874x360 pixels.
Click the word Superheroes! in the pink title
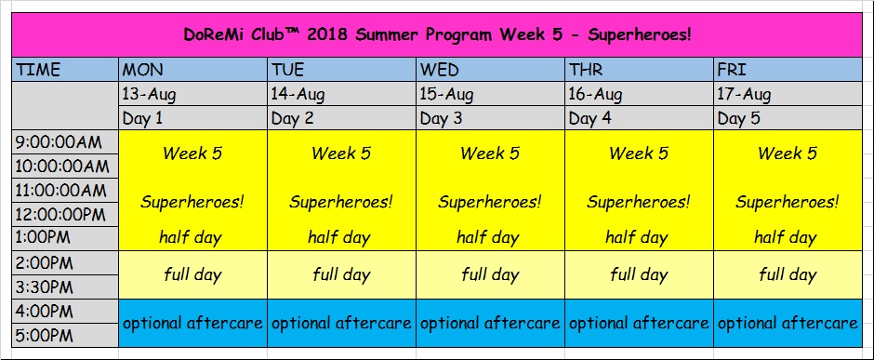[x=640, y=34]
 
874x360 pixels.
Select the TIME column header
[x=65, y=69]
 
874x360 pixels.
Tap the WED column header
[x=490, y=69]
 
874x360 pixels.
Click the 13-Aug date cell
[x=192, y=94]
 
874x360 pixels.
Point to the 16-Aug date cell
[x=639, y=94]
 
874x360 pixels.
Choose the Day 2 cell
[x=341, y=117]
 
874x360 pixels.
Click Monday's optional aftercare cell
[x=192, y=323]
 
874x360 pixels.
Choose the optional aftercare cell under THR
[x=639, y=323]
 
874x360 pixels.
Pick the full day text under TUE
[x=341, y=274]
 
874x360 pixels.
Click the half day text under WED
[x=490, y=238]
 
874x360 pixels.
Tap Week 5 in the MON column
[x=192, y=153]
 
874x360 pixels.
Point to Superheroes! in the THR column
[x=639, y=202]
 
